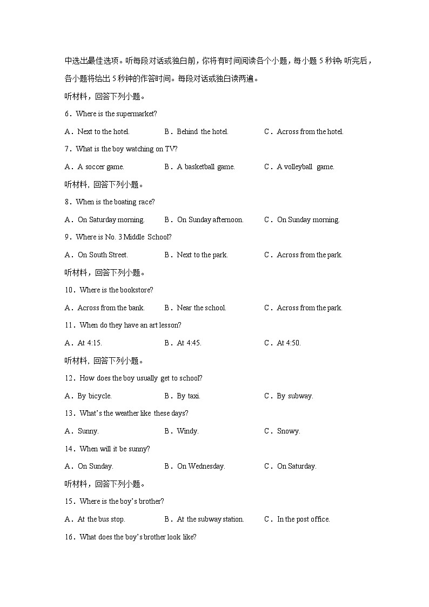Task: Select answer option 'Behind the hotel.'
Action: tap(202, 132)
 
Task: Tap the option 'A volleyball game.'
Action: tap(305, 167)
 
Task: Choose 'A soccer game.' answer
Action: tap(100, 167)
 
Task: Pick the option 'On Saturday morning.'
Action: tap(111, 220)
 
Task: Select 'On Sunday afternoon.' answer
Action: tap(210, 220)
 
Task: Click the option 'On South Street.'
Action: tap(103, 255)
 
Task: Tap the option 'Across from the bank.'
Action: tap(111, 308)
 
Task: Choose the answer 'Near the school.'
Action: tap(202, 308)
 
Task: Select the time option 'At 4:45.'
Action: tap(189, 343)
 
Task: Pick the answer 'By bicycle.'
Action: tap(95, 396)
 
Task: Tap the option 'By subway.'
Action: tap(295, 396)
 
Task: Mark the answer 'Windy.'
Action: tap(187, 431)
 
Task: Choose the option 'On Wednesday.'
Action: tap(201, 466)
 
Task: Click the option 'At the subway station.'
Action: tap(210, 519)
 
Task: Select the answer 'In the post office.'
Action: tap(303, 519)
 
